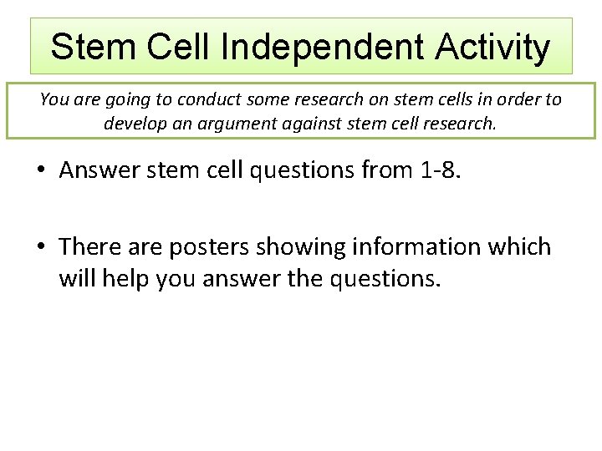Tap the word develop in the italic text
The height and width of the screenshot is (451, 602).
pyautogui.click(x=135, y=124)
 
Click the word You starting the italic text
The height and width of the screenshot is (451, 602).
pyautogui.click(x=54, y=99)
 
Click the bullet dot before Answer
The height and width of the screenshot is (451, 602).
pyautogui.click(x=40, y=171)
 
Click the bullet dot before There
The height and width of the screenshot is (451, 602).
pyautogui.click(x=40, y=248)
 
